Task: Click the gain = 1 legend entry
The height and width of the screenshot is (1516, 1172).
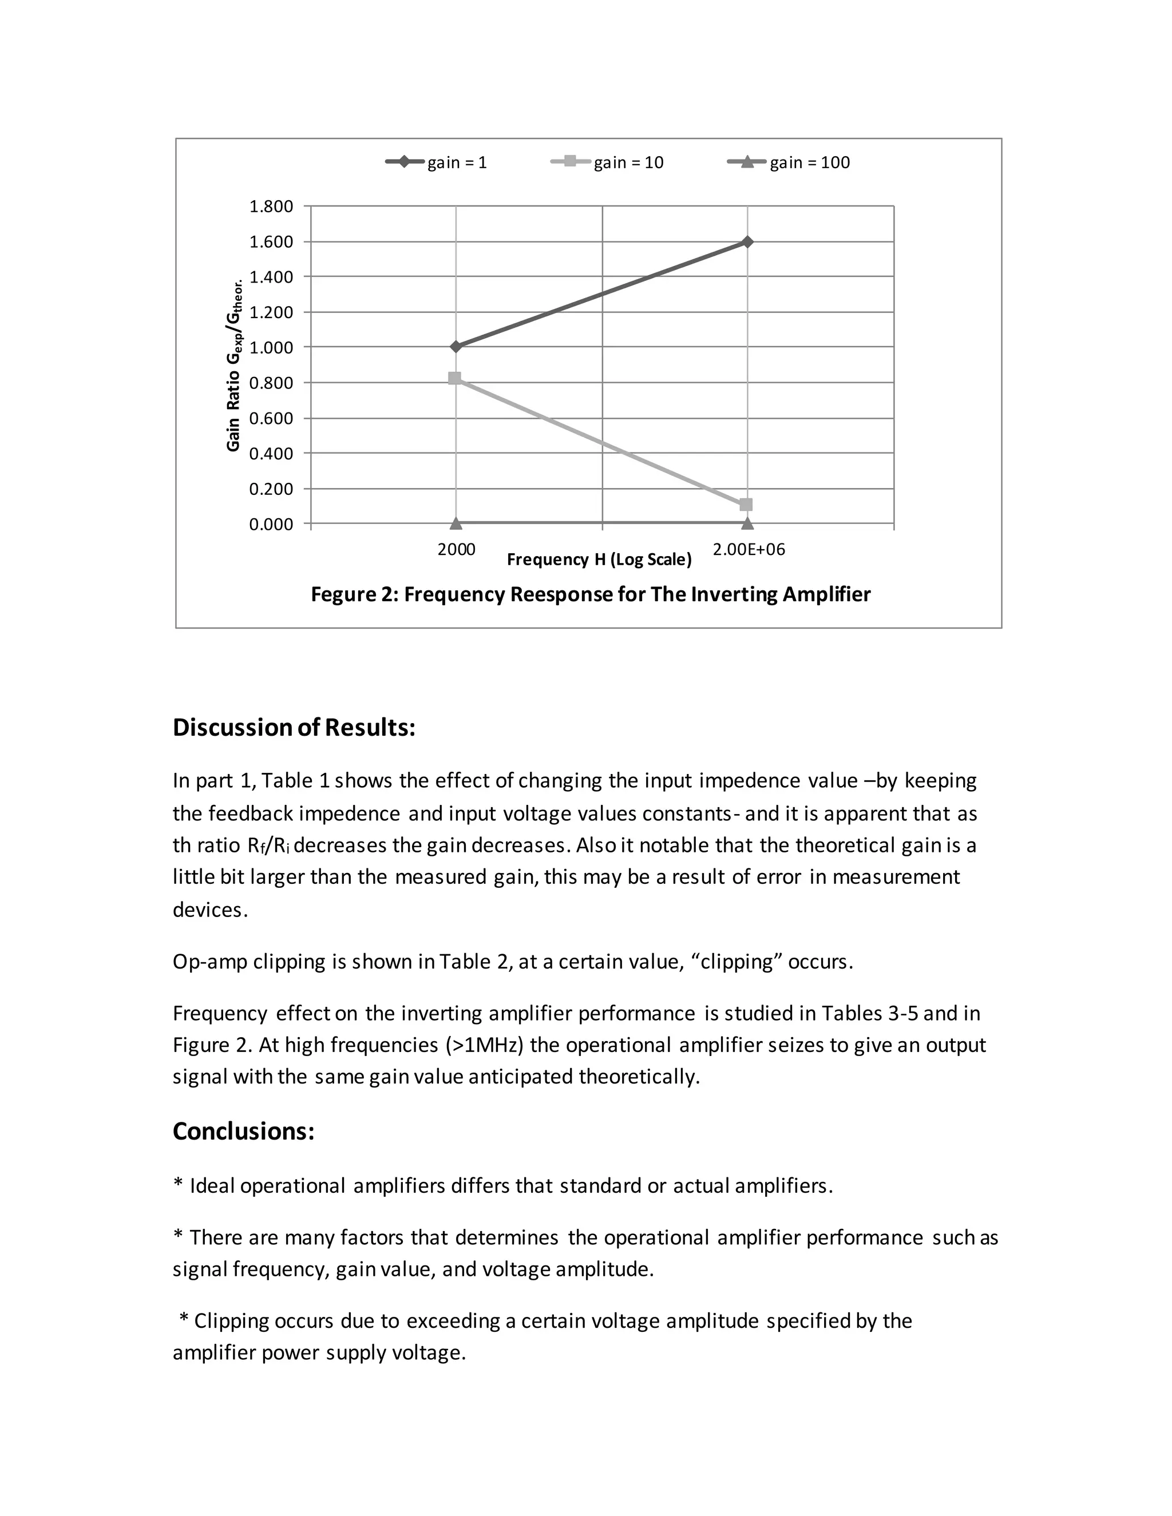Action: (x=437, y=162)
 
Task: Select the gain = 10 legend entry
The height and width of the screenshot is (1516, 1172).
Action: (x=608, y=162)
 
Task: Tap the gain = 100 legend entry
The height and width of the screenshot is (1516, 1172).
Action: (x=789, y=162)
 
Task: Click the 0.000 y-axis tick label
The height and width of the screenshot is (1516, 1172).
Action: (x=271, y=524)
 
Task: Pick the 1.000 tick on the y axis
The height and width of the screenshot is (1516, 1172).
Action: (x=271, y=348)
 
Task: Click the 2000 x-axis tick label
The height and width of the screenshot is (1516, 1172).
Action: (x=456, y=550)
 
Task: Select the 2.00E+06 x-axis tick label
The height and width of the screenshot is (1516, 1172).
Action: (x=749, y=550)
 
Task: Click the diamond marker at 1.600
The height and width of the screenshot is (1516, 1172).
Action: (x=747, y=241)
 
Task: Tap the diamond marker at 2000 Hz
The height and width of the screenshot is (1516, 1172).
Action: (x=456, y=346)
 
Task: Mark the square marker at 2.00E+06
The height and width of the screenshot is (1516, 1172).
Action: (x=746, y=505)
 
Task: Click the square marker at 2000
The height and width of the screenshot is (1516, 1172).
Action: (x=455, y=378)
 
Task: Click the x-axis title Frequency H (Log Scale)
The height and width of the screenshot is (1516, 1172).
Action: (x=599, y=559)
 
